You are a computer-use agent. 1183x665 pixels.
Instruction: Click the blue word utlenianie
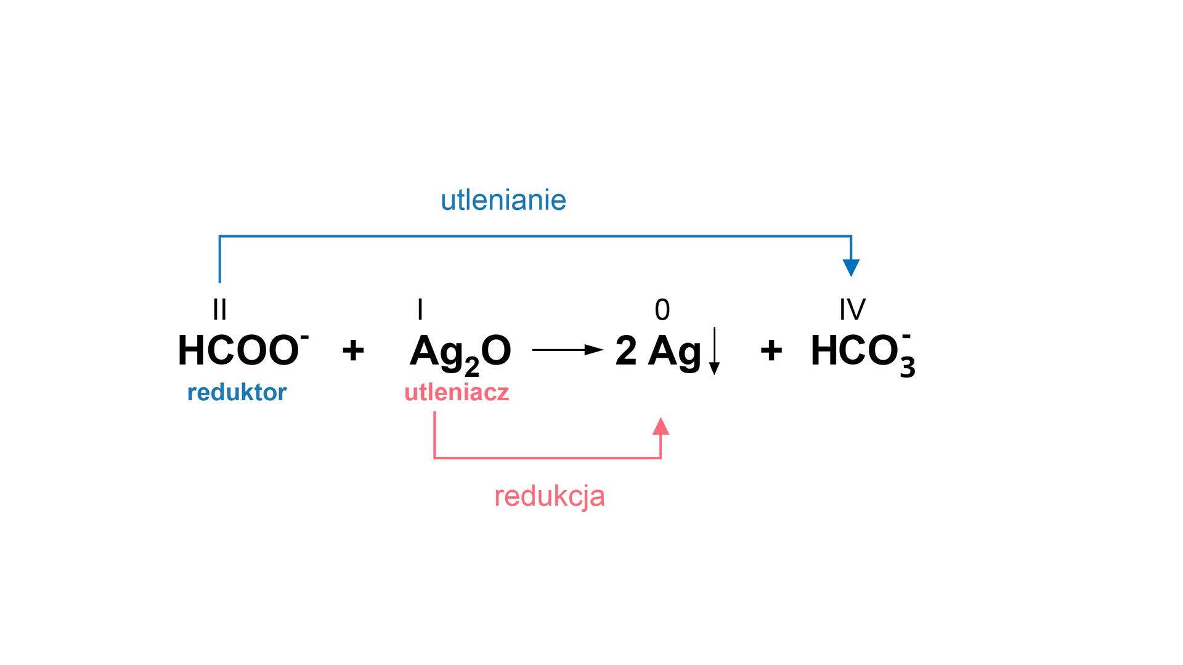point(503,200)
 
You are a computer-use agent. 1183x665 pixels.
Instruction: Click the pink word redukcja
point(549,496)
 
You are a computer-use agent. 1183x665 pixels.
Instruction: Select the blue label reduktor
point(237,392)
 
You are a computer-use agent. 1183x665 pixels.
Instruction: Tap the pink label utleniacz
point(457,392)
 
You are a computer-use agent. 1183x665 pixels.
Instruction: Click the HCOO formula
point(240,351)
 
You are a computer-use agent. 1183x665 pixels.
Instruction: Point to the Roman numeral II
point(219,309)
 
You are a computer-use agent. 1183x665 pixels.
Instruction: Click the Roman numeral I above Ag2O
point(420,309)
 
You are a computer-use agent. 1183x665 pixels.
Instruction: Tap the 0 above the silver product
point(662,310)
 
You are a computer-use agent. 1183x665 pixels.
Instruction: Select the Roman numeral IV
point(852,309)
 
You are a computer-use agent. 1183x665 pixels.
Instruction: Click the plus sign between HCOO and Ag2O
point(353,350)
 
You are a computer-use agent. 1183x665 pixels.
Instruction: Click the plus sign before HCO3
point(771,350)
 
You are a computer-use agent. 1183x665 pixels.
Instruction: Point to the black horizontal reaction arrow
point(567,350)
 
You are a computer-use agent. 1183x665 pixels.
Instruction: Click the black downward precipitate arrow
point(714,351)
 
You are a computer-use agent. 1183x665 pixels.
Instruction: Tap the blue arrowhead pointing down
point(851,267)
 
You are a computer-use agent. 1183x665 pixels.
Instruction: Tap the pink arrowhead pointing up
point(661,427)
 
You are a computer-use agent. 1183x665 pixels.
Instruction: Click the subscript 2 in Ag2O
point(472,367)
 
